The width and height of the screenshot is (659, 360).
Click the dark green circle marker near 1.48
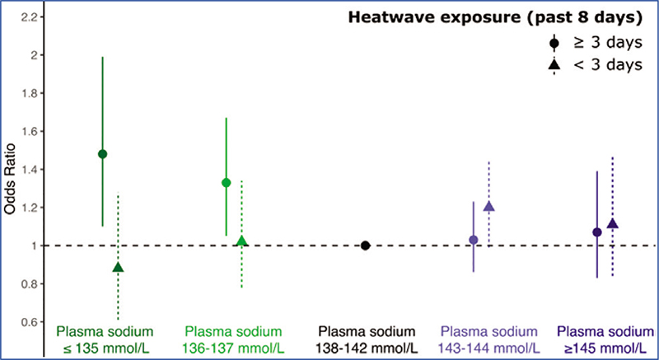pos(102,154)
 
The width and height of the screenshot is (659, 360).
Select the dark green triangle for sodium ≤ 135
pos(118,268)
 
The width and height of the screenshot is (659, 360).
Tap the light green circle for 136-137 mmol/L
pos(226,182)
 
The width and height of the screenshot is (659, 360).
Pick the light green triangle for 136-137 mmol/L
pos(241,241)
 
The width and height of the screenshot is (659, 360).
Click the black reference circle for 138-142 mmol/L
pos(365,245)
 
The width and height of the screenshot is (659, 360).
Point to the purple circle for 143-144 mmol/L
pos(473,240)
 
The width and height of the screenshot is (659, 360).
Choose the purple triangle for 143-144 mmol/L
pos(488,207)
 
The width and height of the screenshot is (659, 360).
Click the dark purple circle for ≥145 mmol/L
pos(597,232)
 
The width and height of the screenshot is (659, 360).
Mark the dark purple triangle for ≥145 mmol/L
pos(612,224)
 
